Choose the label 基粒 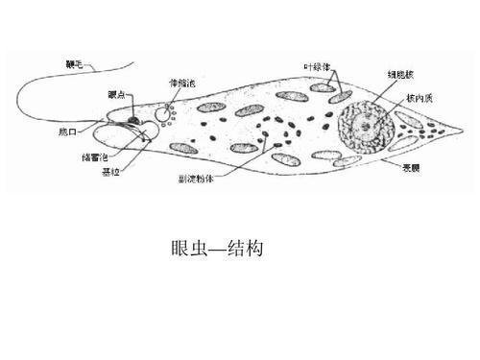click(x=108, y=172)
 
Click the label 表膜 click(x=414, y=165)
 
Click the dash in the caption click(x=219, y=249)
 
